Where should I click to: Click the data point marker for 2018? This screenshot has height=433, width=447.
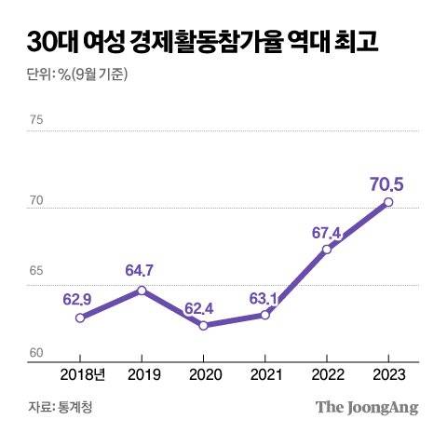click(x=80, y=318)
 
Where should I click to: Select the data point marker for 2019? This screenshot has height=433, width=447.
click(x=142, y=291)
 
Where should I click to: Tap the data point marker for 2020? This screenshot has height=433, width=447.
click(x=203, y=325)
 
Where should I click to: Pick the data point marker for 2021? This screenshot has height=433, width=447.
click(x=265, y=315)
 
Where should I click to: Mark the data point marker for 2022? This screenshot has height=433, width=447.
click(x=327, y=250)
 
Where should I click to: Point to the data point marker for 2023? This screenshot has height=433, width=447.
click(x=388, y=202)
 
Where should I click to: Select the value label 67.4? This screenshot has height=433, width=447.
click(x=326, y=229)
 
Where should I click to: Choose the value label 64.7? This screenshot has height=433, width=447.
click(x=142, y=271)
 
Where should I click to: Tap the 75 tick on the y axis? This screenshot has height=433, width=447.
click(x=37, y=119)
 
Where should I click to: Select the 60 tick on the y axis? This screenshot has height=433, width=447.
click(x=37, y=353)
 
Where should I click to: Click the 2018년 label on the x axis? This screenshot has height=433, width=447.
click(x=84, y=374)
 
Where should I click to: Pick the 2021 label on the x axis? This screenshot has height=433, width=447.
click(x=265, y=374)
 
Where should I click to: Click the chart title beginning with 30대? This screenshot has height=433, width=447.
click(x=196, y=43)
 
